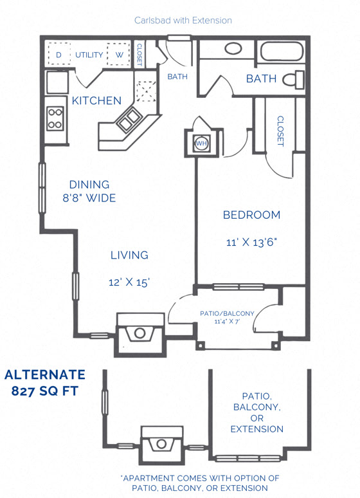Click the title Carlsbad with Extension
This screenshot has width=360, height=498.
(183, 21)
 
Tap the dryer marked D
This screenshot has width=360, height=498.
(59, 55)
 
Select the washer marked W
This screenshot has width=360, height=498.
(119, 55)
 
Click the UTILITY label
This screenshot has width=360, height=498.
(89, 55)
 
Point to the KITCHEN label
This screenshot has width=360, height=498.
(96, 101)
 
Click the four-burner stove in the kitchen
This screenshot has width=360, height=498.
(55, 118)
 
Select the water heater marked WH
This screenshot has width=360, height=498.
(201, 143)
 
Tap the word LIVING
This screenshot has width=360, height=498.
(129, 255)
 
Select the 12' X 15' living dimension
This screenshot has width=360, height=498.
(129, 282)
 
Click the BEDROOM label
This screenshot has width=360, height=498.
(251, 215)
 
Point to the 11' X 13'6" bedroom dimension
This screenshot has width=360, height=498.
(251, 243)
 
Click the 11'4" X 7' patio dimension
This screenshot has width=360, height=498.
(228, 322)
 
